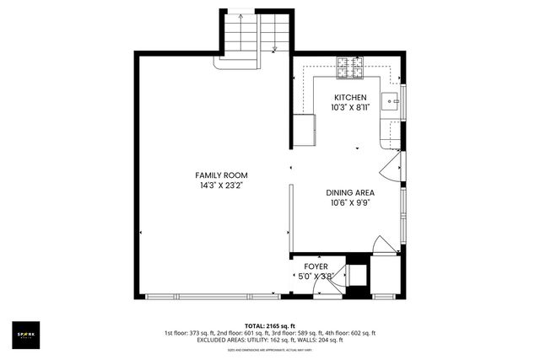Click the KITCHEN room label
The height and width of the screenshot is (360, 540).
pyautogui.click(x=349, y=99)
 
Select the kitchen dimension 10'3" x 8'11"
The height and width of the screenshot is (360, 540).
pyautogui.click(x=349, y=108)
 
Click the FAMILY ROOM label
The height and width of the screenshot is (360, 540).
pyautogui.click(x=223, y=175)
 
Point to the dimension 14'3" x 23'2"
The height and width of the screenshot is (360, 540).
pyautogui.click(x=223, y=185)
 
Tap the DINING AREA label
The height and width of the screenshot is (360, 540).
pyautogui.click(x=350, y=192)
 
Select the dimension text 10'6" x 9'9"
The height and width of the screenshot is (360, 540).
pyautogui.click(x=350, y=202)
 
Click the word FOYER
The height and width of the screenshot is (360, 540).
pyautogui.click(x=316, y=266)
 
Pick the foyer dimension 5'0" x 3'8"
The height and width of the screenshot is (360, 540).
pyautogui.click(x=317, y=276)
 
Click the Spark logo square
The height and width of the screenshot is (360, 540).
pyautogui.click(x=29, y=333)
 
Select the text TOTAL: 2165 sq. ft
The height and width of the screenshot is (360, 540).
pyautogui.click(x=269, y=325)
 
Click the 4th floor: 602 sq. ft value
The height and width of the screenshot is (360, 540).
pyautogui.click(x=354, y=333)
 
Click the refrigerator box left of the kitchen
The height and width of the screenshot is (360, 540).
pyautogui.click(x=304, y=128)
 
